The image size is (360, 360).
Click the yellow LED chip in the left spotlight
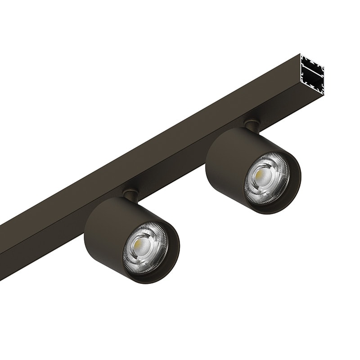(x=144, y=244)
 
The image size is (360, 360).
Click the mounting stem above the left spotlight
(x=131, y=194)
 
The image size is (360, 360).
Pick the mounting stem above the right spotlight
(x=252, y=125)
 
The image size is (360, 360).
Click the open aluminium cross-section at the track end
(x=312, y=75)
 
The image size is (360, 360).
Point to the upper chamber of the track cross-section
(x=312, y=66)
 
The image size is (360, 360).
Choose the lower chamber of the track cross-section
(x=313, y=83)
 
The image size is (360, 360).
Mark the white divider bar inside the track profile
(x=312, y=74)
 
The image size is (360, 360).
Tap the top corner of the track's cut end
(x=301, y=55)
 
